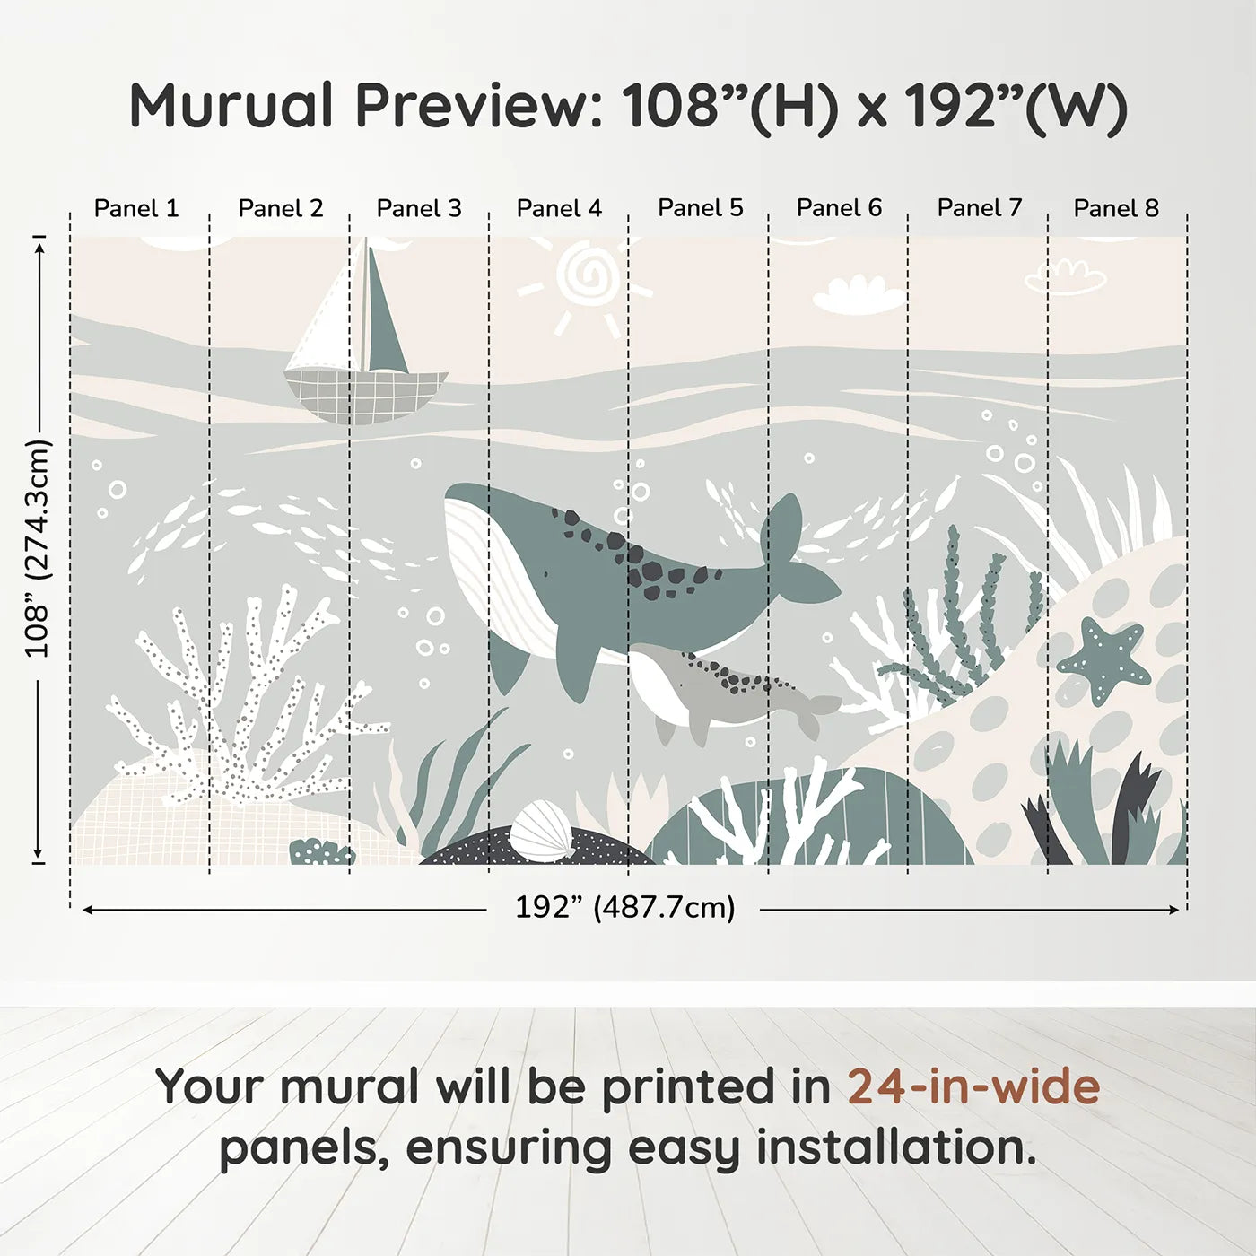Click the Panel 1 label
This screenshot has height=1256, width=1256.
136,208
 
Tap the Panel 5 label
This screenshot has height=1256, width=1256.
701,208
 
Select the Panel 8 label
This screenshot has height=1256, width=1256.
1116,208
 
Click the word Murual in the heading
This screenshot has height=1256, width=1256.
231,106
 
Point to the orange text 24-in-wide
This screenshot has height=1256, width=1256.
973,1086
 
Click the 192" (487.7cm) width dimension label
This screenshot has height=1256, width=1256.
624,908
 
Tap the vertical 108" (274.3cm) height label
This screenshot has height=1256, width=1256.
38,549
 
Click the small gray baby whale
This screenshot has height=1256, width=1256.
718,686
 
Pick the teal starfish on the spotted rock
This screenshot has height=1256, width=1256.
1103,659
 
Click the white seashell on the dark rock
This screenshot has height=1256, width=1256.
542,832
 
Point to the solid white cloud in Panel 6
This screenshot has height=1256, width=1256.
858,296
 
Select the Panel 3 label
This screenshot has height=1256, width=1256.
419,208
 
